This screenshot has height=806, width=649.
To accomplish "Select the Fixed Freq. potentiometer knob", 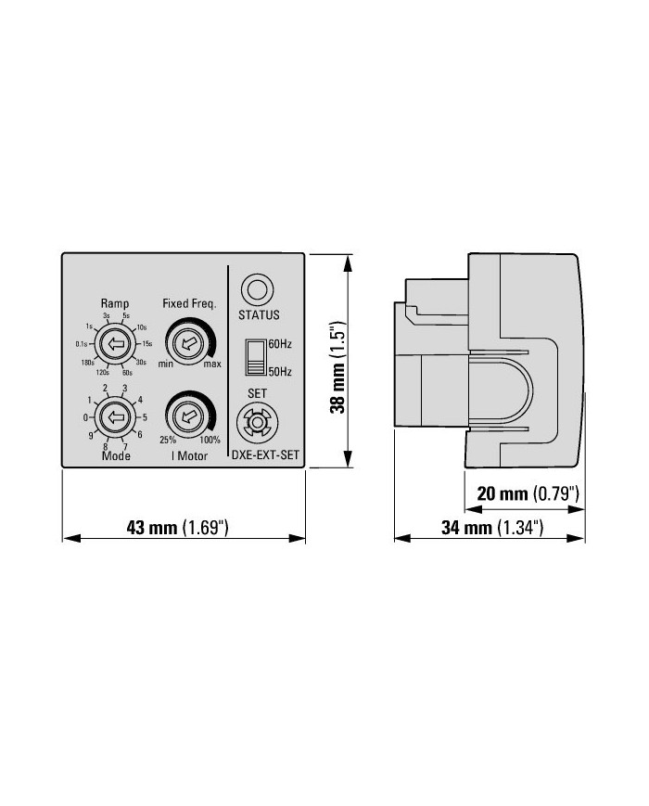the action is [x=186, y=344].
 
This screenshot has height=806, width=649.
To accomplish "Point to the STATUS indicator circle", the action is [x=258, y=289].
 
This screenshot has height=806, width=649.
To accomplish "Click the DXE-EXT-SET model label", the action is [x=265, y=454].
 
